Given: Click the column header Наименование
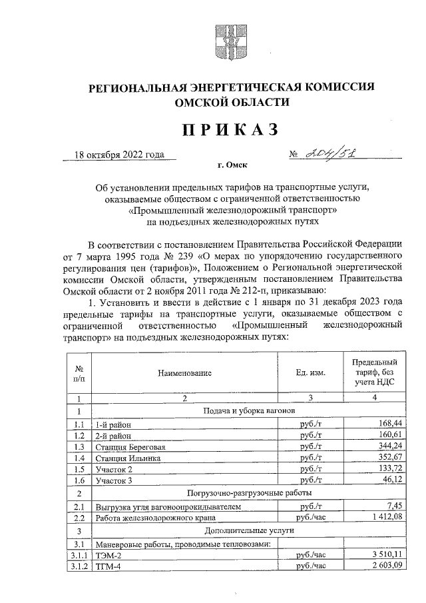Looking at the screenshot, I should (184, 374).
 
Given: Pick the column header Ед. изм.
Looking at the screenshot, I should (312, 374).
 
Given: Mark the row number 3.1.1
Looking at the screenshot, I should (79, 554).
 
